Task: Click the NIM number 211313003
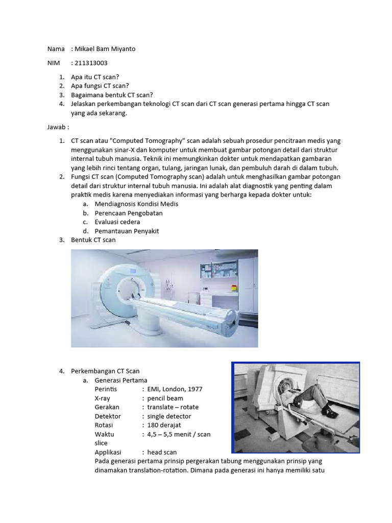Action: coord(92,63)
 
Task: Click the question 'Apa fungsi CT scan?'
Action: coord(100,86)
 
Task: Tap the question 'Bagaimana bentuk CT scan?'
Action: coord(112,95)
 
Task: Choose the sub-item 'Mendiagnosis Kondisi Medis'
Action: coord(136,204)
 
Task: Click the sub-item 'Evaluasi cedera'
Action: coord(117,222)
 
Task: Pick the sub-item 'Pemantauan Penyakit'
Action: coord(127,231)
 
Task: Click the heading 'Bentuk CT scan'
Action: coord(93,240)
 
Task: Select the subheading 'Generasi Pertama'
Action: coord(121,380)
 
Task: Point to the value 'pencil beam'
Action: coord(165,398)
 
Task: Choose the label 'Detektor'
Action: coord(108,416)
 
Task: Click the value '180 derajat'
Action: coord(164,425)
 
